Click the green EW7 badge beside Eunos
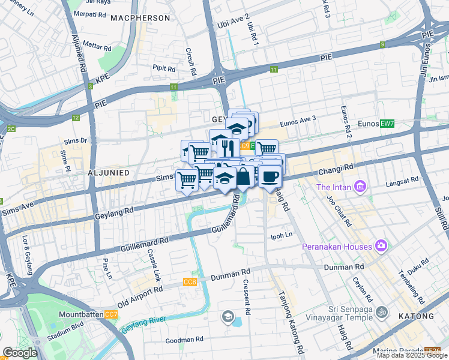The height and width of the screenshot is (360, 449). click(x=387, y=124)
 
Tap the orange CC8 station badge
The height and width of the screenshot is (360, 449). click(x=190, y=282)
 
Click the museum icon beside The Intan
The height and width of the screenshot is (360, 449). click(x=360, y=187)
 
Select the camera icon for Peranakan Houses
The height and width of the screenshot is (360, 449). click(x=381, y=245)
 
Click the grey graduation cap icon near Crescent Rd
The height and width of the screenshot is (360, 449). click(x=228, y=316)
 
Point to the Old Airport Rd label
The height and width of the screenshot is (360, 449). click(x=140, y=297)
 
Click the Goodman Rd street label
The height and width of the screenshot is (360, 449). click(x=184, y=340)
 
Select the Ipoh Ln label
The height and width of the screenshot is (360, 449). click(x=282, y=235)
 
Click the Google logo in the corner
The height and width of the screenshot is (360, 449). click(x=20, y=352)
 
